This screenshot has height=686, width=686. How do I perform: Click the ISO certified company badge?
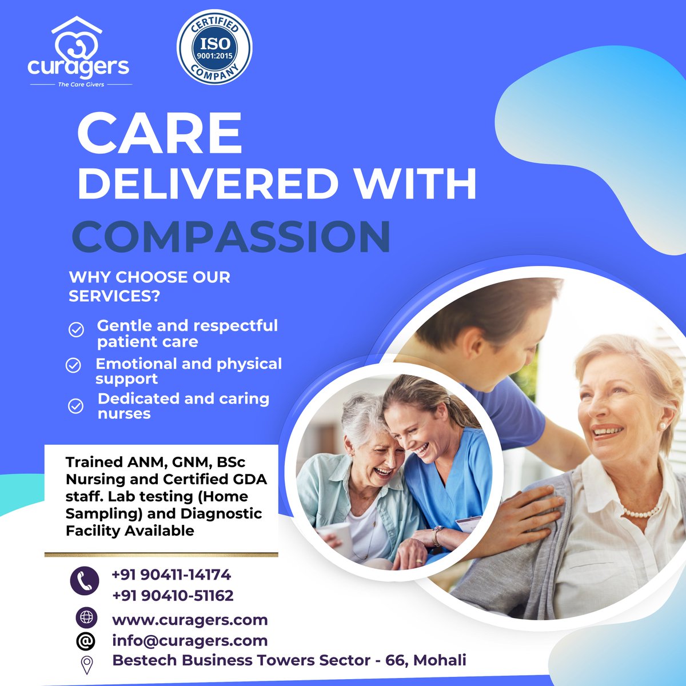214,47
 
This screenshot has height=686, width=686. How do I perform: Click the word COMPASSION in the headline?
231,237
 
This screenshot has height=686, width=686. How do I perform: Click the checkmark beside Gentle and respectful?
76,330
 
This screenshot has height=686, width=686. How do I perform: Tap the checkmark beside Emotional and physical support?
73,365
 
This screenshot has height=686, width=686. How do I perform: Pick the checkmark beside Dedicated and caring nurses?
75,406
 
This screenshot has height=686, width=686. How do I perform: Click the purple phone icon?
85,581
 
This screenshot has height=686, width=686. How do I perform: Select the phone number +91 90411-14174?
171,574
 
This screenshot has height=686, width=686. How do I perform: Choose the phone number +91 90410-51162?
173,596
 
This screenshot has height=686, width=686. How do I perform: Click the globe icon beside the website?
86,617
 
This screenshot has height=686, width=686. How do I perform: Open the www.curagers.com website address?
190,620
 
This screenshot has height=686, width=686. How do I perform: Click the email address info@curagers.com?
190,641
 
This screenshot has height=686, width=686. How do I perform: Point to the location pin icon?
86,665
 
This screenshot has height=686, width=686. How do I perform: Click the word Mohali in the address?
440,660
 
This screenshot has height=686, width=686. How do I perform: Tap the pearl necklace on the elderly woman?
640,513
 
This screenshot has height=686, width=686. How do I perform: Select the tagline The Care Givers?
81,85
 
